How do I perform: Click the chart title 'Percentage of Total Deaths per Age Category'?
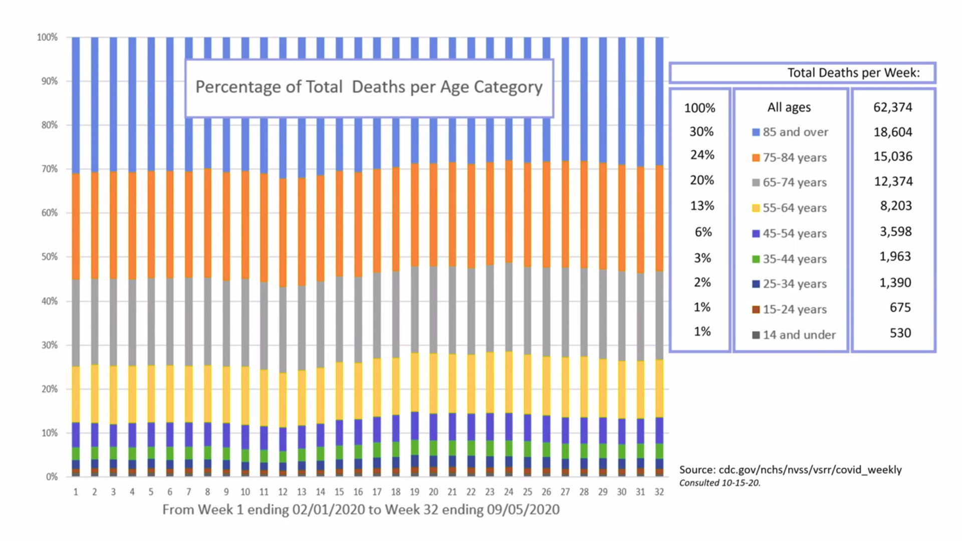[x=369, y=87]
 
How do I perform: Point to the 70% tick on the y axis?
[x=50, y=169]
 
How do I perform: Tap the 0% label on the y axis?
[x=52, y=477]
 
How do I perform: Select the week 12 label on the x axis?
[x=283, y=492]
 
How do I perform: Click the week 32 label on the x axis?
[x=659, y=492]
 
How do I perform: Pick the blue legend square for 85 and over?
[x=756, y=132]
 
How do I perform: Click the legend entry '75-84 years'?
[x=795, y=158]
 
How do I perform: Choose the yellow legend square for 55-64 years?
[x=756, y=208]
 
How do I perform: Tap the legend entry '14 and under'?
[x=799, y=335]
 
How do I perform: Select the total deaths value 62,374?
[x=893, y=107]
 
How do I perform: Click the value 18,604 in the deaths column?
[x=893, y=132]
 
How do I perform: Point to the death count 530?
[x=900, y=333]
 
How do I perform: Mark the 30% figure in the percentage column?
[x=701, y=132]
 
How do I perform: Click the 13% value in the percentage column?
[x=702, y=206]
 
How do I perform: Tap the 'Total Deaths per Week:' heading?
[x=854, y=73]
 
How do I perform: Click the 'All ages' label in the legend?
[x=789, y=107]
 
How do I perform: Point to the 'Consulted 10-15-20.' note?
[x=720, y=483]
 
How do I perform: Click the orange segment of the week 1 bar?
[x=76, y=225]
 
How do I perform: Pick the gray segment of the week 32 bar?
[x=659, y=316]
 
